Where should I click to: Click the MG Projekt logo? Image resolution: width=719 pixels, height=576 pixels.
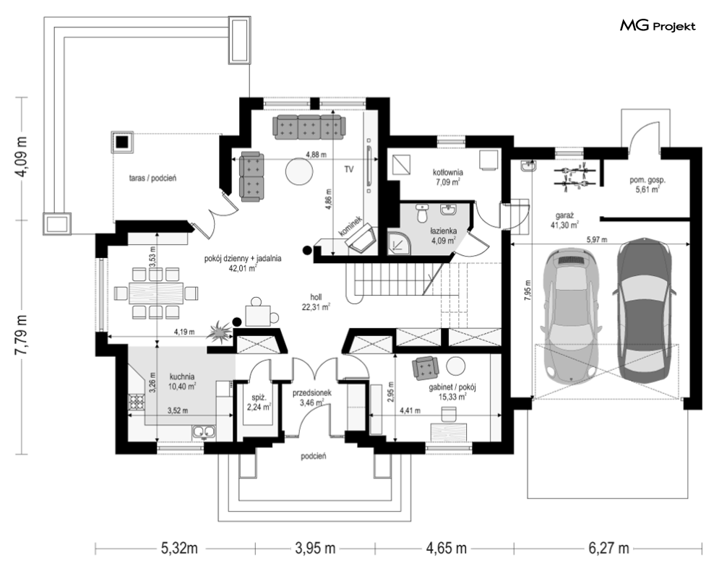point(658,26)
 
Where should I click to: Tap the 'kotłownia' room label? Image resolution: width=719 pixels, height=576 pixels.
point(447,173)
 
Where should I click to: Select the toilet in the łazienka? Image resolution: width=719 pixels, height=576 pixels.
point(422,213)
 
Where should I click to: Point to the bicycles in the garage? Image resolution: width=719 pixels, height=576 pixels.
point(574,177)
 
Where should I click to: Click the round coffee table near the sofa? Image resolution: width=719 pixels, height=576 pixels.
point(298,171)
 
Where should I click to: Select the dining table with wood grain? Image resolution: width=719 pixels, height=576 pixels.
point(156,293)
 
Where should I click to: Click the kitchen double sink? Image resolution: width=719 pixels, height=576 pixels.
point(204,431)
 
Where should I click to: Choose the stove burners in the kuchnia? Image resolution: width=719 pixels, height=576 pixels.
point(137,403)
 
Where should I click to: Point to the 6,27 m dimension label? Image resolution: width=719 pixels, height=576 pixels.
point(608,548)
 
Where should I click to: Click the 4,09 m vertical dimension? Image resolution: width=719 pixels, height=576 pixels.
point(22,158)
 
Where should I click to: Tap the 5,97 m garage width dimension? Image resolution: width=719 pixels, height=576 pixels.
point(597,239)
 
